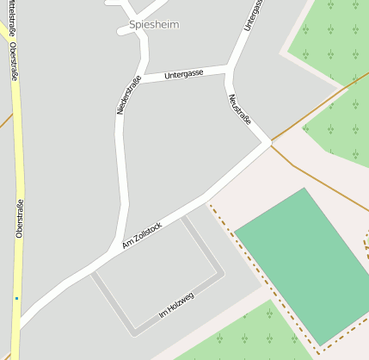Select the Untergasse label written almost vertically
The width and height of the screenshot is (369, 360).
(249, 16)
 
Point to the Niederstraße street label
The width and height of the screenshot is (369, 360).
(127, 95)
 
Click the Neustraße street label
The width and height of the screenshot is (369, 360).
(240, 109)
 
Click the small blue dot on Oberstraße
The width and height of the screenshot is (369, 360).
(16, 299)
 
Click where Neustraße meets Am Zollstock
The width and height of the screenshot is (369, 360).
(268, 141)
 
